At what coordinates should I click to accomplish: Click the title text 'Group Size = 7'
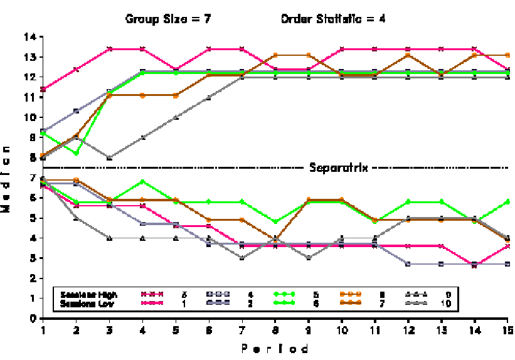[x=167, y=19]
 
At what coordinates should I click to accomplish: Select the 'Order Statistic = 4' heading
[x=332, y=19]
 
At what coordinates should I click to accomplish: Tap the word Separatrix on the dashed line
[x=339, y=168]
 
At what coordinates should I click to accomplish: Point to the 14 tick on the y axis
[x=31, y=37]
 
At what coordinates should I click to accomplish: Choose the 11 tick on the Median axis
[x=31, y=97]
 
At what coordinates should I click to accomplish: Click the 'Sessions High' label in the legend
[x=85, y=294]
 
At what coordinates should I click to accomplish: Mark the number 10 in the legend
[x=446, y=304]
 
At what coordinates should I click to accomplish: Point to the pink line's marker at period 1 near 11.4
[x=43, y=89]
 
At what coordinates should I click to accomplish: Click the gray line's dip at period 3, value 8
[x=109, y=158]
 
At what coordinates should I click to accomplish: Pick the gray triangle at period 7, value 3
[x=242, y=258]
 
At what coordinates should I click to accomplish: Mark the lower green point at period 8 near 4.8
[x=275, y=222]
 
